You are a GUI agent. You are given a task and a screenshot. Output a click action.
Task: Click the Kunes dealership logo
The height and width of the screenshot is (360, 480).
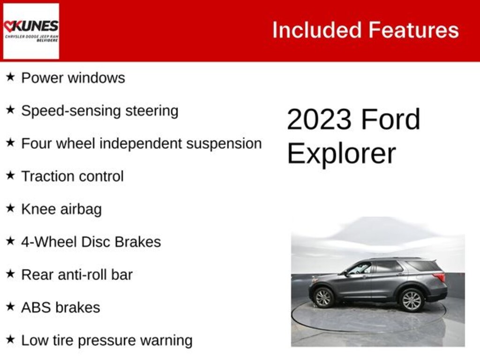(x=31, y=31)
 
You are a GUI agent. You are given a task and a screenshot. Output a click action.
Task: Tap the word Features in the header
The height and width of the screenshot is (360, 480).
(x=413, y=30)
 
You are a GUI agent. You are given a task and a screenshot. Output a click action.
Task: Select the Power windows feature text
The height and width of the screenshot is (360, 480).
(x=73, y=78)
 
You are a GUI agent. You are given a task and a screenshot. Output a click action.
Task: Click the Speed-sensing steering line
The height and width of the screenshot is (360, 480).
(x=100, y=111)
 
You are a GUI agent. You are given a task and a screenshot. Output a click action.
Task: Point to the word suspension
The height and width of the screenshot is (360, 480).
(x=224, y=144)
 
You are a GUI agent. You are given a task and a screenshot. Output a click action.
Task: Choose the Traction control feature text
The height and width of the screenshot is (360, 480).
(x=73, y=176)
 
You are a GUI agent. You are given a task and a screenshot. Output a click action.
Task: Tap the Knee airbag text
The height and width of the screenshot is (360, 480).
(x=61, y=209)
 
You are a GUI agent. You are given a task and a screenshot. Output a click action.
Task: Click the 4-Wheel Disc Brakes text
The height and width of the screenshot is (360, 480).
(x=91, y=242)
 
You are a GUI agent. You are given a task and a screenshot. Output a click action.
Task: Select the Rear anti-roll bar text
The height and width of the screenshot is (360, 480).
(x=77, y=275)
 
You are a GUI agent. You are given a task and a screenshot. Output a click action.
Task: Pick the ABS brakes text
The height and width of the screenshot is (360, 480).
(x=60, y=307)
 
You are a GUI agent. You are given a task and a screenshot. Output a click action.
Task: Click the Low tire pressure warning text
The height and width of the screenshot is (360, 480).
(x=107, y=340)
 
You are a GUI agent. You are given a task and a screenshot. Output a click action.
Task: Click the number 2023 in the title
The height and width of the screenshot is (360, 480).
(x=319, y=120)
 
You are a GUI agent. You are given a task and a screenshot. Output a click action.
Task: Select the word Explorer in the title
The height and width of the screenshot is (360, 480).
(x=341, y=153)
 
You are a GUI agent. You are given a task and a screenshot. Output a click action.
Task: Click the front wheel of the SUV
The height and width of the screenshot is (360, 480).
(x=323, y=298)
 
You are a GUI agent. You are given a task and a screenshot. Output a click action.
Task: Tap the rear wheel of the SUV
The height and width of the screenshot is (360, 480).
(x=412, y=300)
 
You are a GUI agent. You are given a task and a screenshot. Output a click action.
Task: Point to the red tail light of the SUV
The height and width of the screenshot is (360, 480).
(x=440, y=277)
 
